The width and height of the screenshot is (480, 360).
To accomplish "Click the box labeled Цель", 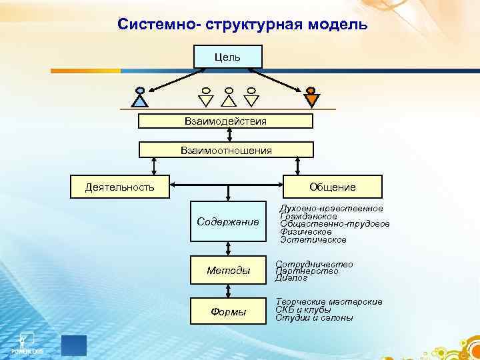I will point(227,57).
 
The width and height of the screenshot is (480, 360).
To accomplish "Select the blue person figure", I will point(139,97).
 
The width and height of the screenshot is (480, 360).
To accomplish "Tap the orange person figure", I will point(311,97).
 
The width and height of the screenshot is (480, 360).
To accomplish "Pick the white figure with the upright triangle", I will point(229,97).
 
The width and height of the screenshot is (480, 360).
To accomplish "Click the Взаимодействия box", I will point(225,121).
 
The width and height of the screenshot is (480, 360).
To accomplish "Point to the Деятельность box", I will point(120,187).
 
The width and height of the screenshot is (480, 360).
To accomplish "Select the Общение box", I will point(333,187).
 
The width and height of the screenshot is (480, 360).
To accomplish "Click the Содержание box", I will point(228,221).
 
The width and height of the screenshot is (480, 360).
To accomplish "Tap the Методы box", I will point(228,270).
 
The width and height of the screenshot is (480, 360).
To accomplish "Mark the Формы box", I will point(228,311).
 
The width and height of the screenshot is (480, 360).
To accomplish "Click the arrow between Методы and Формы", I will point(228,291).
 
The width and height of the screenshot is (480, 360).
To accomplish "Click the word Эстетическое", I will point(313,239).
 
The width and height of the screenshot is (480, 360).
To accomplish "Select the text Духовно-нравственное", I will point(331,209).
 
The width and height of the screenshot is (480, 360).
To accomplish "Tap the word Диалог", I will point(291,279).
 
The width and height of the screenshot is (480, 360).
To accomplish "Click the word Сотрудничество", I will point(314,264).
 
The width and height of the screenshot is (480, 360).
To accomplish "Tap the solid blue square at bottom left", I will point(74,345).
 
